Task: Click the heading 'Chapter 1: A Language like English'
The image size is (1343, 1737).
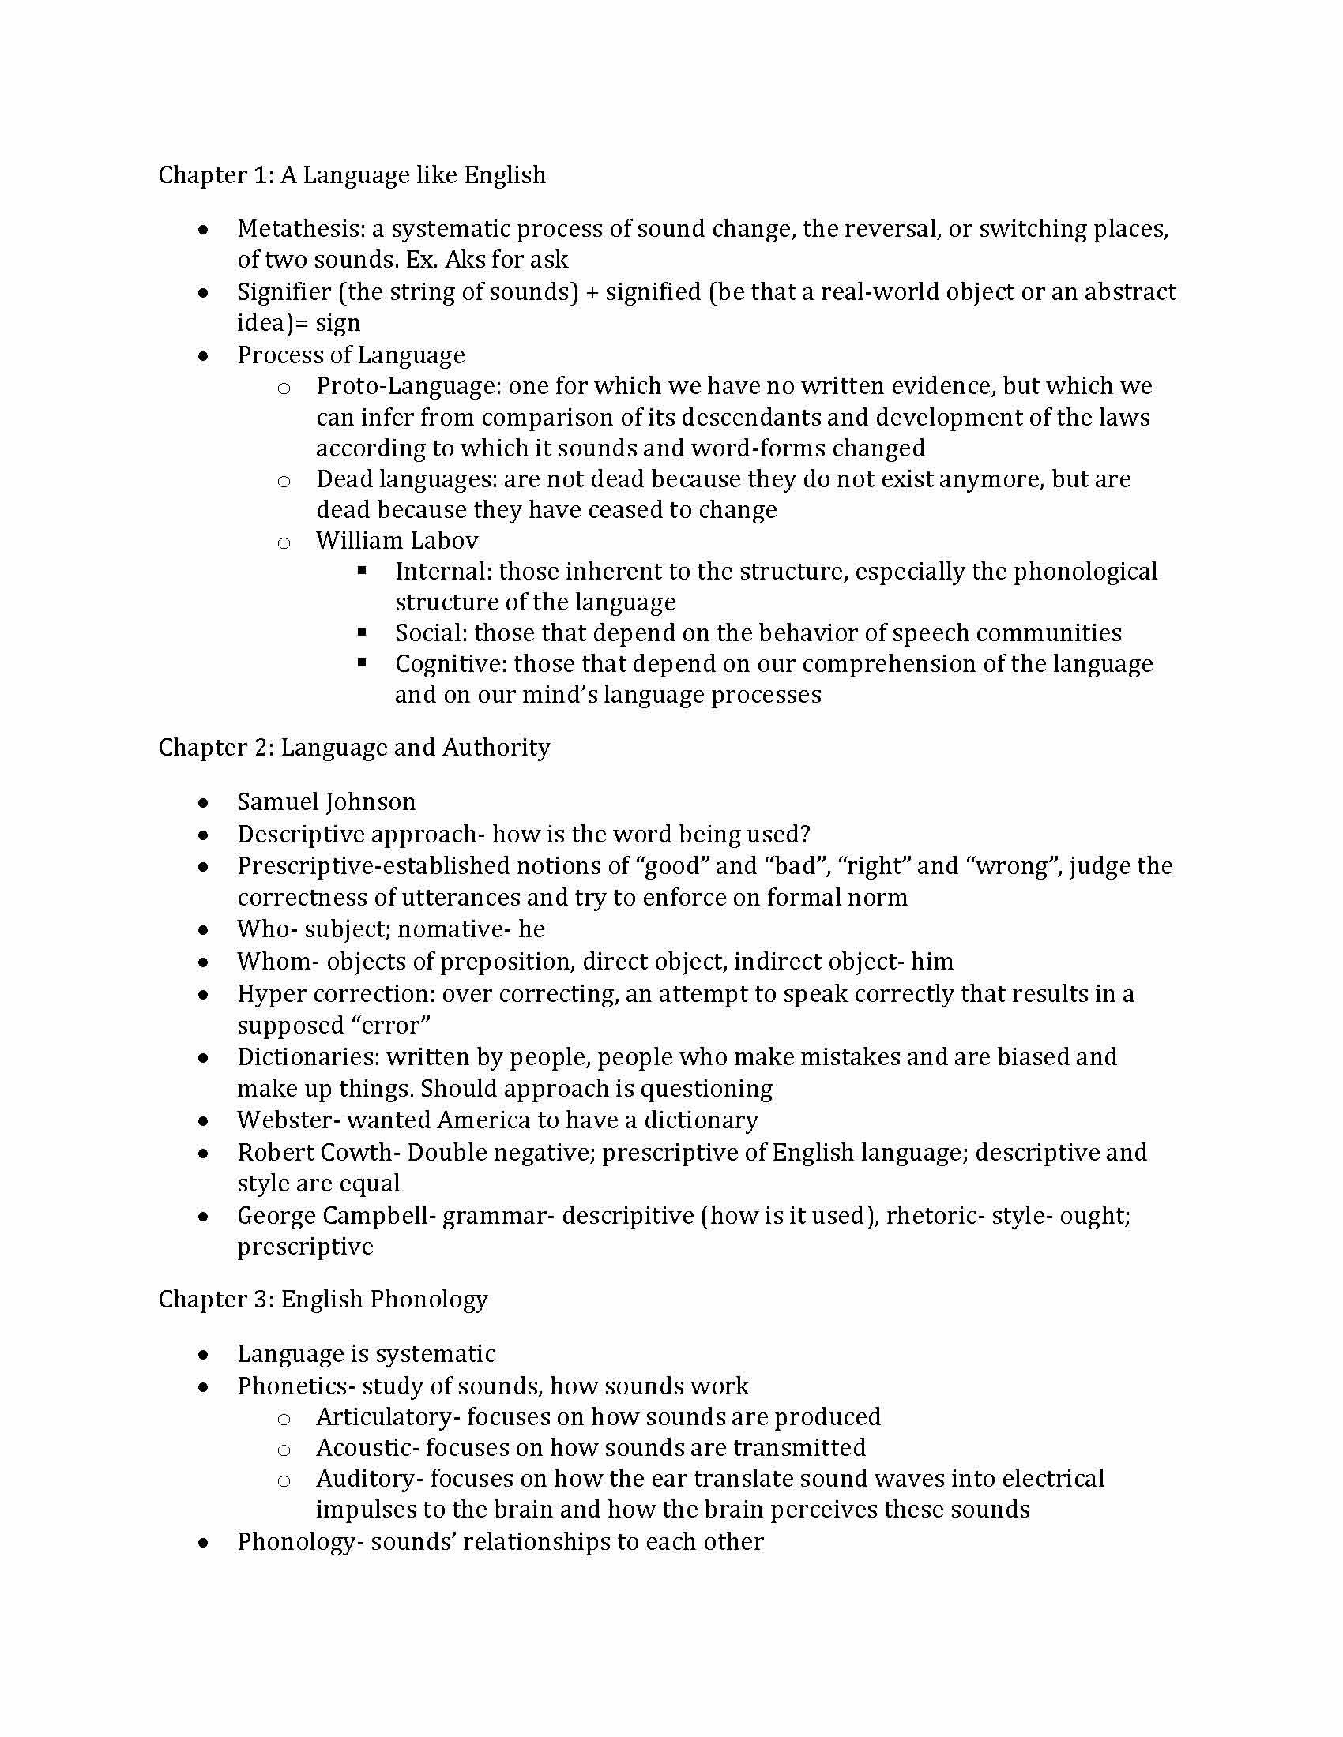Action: (x=352, y=175)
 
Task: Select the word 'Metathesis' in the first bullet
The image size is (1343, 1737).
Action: (x=300, y=229)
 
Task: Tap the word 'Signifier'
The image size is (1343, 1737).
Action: (x=284, y=292)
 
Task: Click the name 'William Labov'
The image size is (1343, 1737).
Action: (x=397, y=541)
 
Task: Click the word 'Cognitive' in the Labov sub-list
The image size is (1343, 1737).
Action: (x=450, y=664)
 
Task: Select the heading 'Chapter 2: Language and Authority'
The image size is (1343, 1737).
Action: (x=354, y=748)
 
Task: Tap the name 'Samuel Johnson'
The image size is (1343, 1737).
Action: (x=326, y=801)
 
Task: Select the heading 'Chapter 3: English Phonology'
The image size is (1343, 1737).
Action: (x=323, y=1300)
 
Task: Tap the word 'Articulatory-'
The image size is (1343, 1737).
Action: (x=387, y=1416)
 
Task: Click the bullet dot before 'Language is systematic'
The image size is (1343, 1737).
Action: (x=205, y=1354)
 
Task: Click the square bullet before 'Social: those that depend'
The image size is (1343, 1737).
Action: (x=362, y=632)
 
